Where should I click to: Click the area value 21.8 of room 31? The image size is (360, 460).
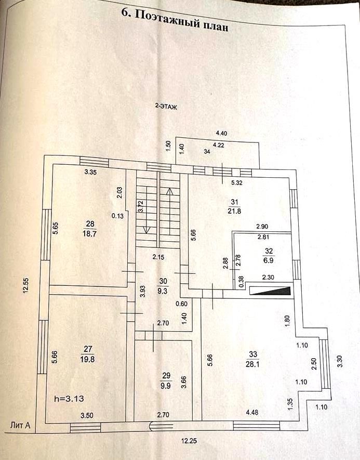pyautogui.click(x=233, y=210)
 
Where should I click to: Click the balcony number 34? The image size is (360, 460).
pyautogui.click(x=207, y=151)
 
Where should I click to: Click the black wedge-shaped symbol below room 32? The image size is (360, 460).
pyautogui.click(x=271, y=291)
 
